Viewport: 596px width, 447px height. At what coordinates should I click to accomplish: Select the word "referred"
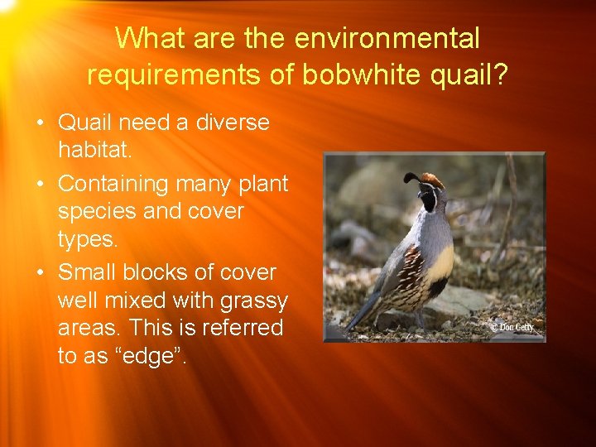pos(243,329)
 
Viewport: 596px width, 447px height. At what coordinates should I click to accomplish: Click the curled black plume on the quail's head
pos(411,178)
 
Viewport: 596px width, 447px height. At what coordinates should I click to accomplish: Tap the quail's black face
pos(428,199)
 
